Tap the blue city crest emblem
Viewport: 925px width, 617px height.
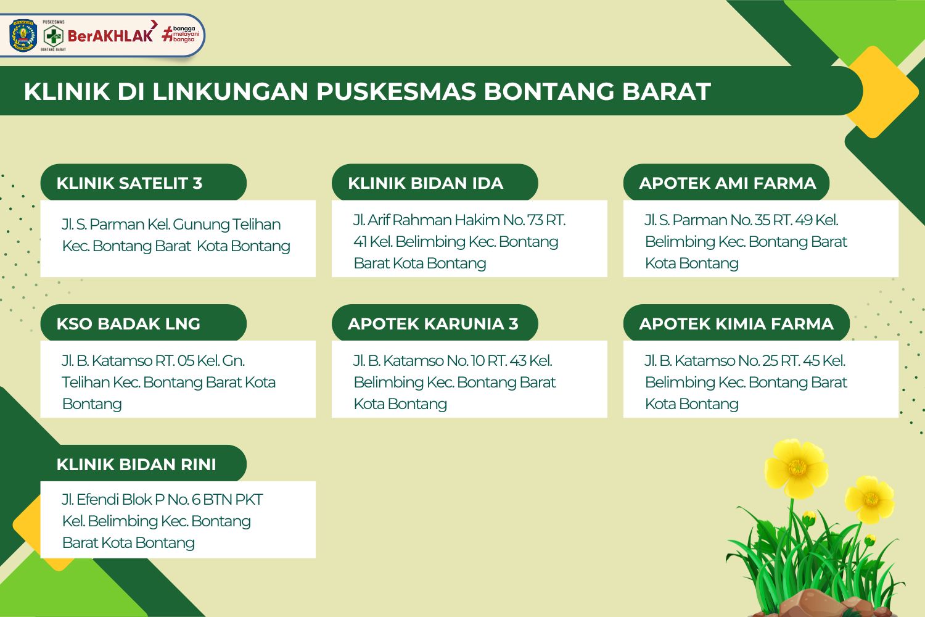[x=23, y=36]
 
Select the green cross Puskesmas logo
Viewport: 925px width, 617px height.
[x=53, y=36]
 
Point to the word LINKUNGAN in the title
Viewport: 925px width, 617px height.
[x=231, y=91]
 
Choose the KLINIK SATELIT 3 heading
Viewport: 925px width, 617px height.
[x=129, y=183]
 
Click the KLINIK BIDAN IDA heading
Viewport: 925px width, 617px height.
[x=425, y=183]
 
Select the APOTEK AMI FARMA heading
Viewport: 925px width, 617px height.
[x=728, y=183]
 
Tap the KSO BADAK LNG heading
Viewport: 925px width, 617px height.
[x=128, y=323]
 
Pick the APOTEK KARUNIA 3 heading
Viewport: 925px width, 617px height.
[x=433, y=323]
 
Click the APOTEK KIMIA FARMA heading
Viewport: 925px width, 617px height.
[x=736, y=323]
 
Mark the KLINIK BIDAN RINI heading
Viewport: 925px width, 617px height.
[x=136, y=465]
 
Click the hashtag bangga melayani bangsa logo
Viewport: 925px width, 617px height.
[x=181, y=35]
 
